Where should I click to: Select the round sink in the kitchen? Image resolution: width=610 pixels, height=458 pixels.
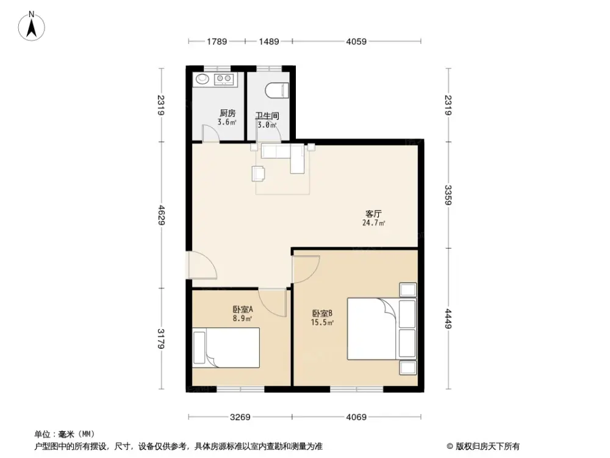tap(202, 79)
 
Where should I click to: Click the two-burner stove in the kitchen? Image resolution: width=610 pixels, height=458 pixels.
tap(224, 79)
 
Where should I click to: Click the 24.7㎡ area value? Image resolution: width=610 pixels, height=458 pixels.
tap(373, 224)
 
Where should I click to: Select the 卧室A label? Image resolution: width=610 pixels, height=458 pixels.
tap(243, 310)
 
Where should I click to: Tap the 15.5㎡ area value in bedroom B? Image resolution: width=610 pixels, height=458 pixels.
tap(321, 322)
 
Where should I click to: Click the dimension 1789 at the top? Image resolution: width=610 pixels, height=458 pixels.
tap(217, 42)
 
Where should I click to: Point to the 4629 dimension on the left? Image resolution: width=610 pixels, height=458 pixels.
tap(160, 215)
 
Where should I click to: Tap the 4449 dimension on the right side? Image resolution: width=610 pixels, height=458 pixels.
tap(448, 318)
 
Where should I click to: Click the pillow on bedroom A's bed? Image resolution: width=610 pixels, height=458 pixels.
tap(199, 347)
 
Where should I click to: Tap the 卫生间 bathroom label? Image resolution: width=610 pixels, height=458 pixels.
tap(267, 115)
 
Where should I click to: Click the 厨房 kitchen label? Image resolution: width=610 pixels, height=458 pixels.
tap(228, 114)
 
